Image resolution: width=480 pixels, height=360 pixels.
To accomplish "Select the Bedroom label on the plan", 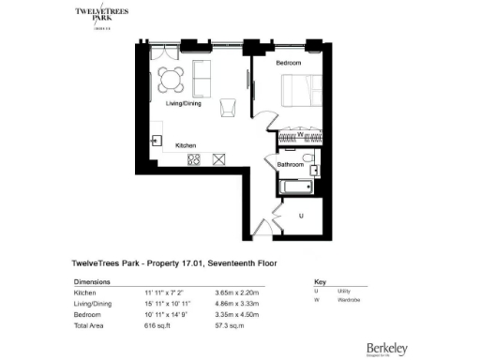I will pyautogui.click(x=290, y=63).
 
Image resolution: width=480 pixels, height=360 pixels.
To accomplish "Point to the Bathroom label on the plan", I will pyautogui.click(x=290, y=165).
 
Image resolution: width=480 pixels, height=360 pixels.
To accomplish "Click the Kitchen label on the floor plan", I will pyautogui.click(x=186, y=145).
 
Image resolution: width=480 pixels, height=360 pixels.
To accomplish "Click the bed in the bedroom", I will pyautogui.click(x=302, y=92).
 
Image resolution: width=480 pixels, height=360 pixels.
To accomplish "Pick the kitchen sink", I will pyautogui.click(x=157, y=141).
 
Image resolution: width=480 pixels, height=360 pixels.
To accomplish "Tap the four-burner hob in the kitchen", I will pyautogui.click(x=194, y=159).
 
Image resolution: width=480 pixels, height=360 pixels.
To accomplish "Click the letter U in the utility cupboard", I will pyautogui.click(x=301, y=215).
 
